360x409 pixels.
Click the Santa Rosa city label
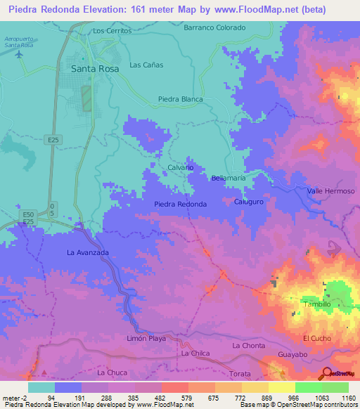96,69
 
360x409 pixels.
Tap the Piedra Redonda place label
180,204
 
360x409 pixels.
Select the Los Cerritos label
112,32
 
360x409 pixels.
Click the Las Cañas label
146,65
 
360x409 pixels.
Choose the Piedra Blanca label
181,99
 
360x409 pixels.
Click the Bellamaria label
229,178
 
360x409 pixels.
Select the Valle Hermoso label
330,191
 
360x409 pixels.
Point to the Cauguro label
248,202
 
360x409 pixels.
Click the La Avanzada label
88,251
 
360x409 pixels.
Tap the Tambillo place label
317,304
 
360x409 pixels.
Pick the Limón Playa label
146,338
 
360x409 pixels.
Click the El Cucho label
315,338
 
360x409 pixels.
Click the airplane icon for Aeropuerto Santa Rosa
18,54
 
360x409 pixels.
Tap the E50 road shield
28,214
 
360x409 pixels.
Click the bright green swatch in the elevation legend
307,387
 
